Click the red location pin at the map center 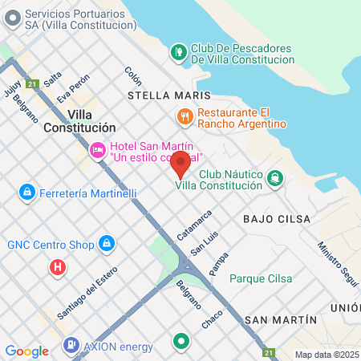tap(180, 164)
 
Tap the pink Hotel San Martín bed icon tap(97, 149)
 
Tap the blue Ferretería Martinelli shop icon tap(27, 193)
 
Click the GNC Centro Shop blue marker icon tap(106, 243)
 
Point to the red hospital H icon tap(57, 267)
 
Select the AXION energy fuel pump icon tap(71, 345)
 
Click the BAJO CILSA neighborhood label tap(270, 218)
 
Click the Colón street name tap(133, 77)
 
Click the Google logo tap(26, 351)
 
